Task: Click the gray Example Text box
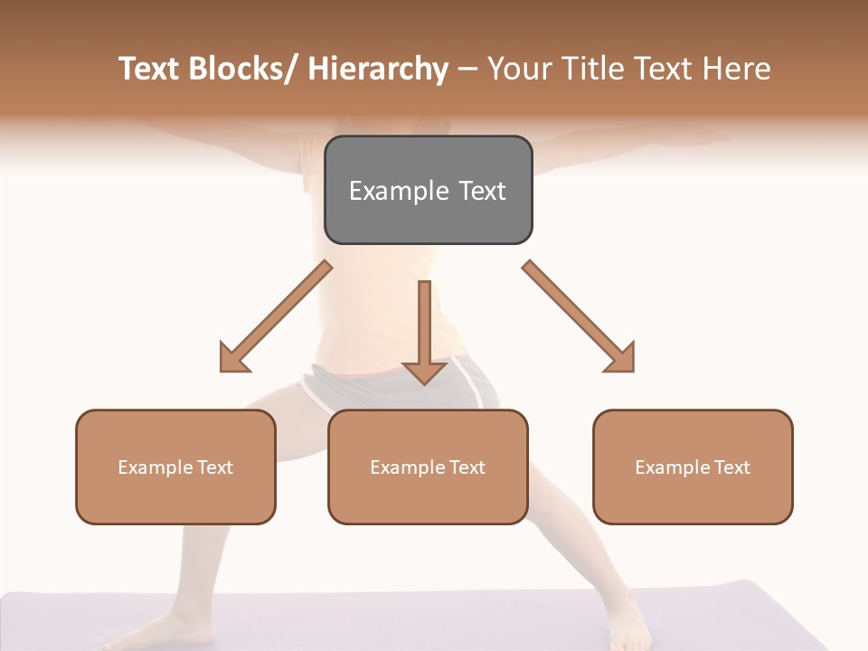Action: click(428, 190)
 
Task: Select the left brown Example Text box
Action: click(175, 467)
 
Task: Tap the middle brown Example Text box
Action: click(428, 467)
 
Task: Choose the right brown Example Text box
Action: click(693, 467)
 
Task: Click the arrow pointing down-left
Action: click(275, 316)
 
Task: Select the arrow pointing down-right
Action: click(579, 316)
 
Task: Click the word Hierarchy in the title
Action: click(378, 69)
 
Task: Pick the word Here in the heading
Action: click(736, 69)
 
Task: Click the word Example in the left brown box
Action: click(156, 467)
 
